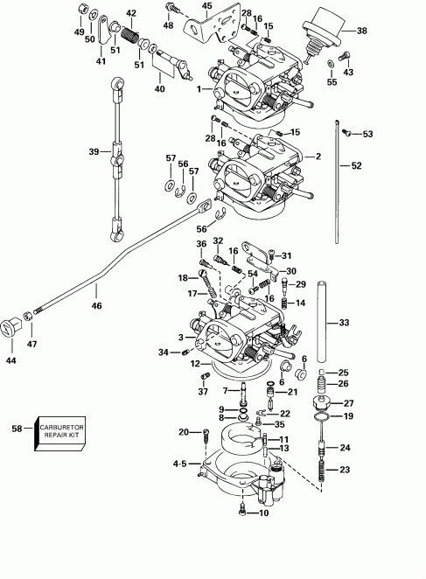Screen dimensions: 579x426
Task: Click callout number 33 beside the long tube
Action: point(344,323)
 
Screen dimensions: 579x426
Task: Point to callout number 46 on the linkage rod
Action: point(96,306)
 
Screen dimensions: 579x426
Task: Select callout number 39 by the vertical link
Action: point(93,152)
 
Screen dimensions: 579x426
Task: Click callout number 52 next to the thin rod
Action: point(355,165)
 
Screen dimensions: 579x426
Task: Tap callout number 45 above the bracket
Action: point(206,6)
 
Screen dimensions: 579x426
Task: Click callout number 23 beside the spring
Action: point(344,470)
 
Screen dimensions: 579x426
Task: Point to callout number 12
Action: point(197,364)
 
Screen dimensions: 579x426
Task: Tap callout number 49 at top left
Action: point(80,31)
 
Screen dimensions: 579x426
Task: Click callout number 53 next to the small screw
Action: point(367,134)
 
